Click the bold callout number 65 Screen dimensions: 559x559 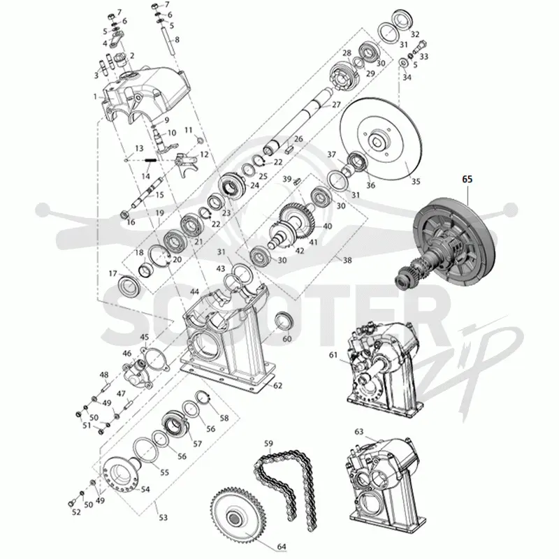[x=467, y=179]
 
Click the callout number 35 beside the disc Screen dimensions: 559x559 [x=416, y=181]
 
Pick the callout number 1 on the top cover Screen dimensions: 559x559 [x=95, y=96]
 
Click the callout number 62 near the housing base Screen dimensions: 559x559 [x=277, y=386]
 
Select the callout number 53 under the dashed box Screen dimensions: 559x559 [x=163, y=517]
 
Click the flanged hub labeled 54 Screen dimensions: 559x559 [x=119, y=474]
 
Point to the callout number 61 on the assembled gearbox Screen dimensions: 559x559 [x=333, y=355]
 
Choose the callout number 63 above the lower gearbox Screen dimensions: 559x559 [x=358, y=431]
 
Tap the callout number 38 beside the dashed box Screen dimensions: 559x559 [x=347, y=260]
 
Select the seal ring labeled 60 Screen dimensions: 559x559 [x=284, y=321]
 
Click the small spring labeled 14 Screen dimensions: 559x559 [x=150, y=160]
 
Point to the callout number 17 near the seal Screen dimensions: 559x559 [x=112, y=273]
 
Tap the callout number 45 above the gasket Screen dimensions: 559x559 [x=144, y=337]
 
